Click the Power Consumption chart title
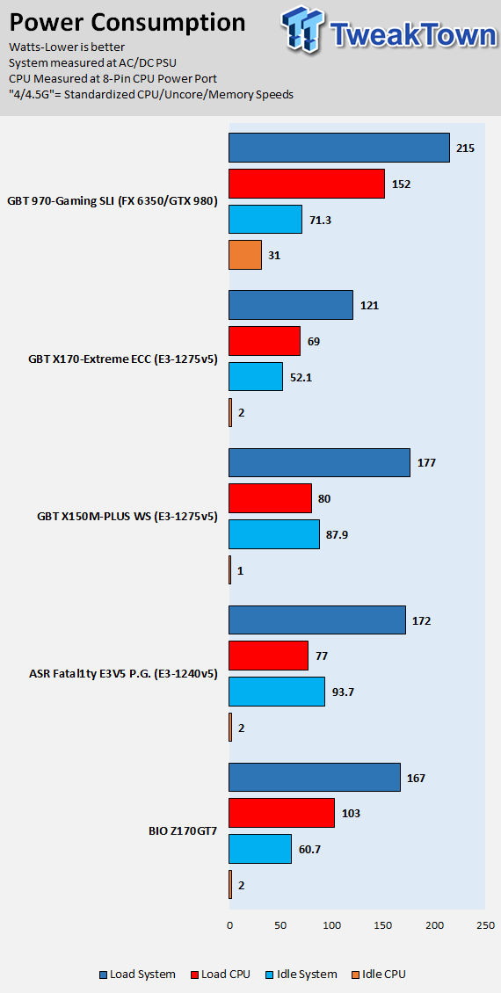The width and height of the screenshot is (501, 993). (x=127, y=23)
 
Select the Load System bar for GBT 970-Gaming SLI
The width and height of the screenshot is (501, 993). (x=339, y=148)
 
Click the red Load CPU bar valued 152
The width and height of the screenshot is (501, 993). (x=307, y=184)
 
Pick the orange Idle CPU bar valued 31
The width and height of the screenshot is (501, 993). (x=245, y=255)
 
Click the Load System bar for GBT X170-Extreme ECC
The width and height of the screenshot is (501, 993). (x=291, y=305)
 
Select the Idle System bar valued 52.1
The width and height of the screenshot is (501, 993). (x=255, y=377)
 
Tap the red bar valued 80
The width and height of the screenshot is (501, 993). (x=270, y=498)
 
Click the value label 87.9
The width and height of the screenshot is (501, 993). (x=337, y=534)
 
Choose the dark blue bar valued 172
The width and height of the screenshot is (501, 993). (x=316, y=620)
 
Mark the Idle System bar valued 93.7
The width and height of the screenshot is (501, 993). (x=277, y=692)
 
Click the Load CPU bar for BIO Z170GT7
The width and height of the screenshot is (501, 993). (x=281, y=813)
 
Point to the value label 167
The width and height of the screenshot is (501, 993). (x=416, y=777)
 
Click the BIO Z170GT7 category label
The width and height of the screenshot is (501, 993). (x=180, y=830)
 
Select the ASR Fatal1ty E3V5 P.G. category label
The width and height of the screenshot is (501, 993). (x=124, y=674)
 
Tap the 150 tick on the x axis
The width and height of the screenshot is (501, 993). (x=382, y=925)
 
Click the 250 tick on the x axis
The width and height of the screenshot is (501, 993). (x=485, y=925)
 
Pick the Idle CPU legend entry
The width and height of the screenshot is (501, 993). (x=377, y=974)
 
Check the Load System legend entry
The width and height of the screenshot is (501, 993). (x=137, y=974)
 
